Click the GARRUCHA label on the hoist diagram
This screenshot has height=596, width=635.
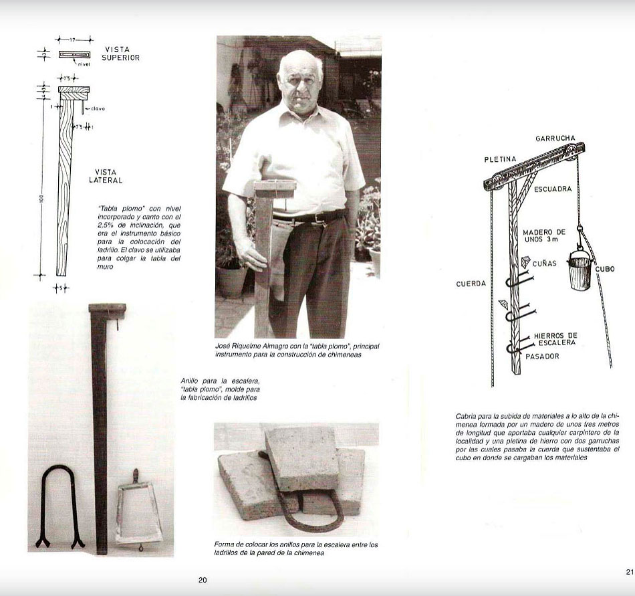[555, 138]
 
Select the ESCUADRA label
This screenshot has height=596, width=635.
[553, 189]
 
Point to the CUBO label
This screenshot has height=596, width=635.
[605, 269]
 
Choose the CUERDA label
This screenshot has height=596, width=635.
[471, 284]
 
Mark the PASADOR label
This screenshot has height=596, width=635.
[541, 356]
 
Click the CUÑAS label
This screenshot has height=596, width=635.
[544, 264]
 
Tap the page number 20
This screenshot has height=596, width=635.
[203, 580]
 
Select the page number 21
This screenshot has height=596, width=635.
[629, 572]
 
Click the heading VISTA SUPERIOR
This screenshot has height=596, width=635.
[121, 54]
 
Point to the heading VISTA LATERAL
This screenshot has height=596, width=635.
[106, 176]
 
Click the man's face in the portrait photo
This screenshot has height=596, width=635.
[300, 80]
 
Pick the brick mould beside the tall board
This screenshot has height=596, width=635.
[138, 511]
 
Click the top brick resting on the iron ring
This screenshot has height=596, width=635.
[302, 458]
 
